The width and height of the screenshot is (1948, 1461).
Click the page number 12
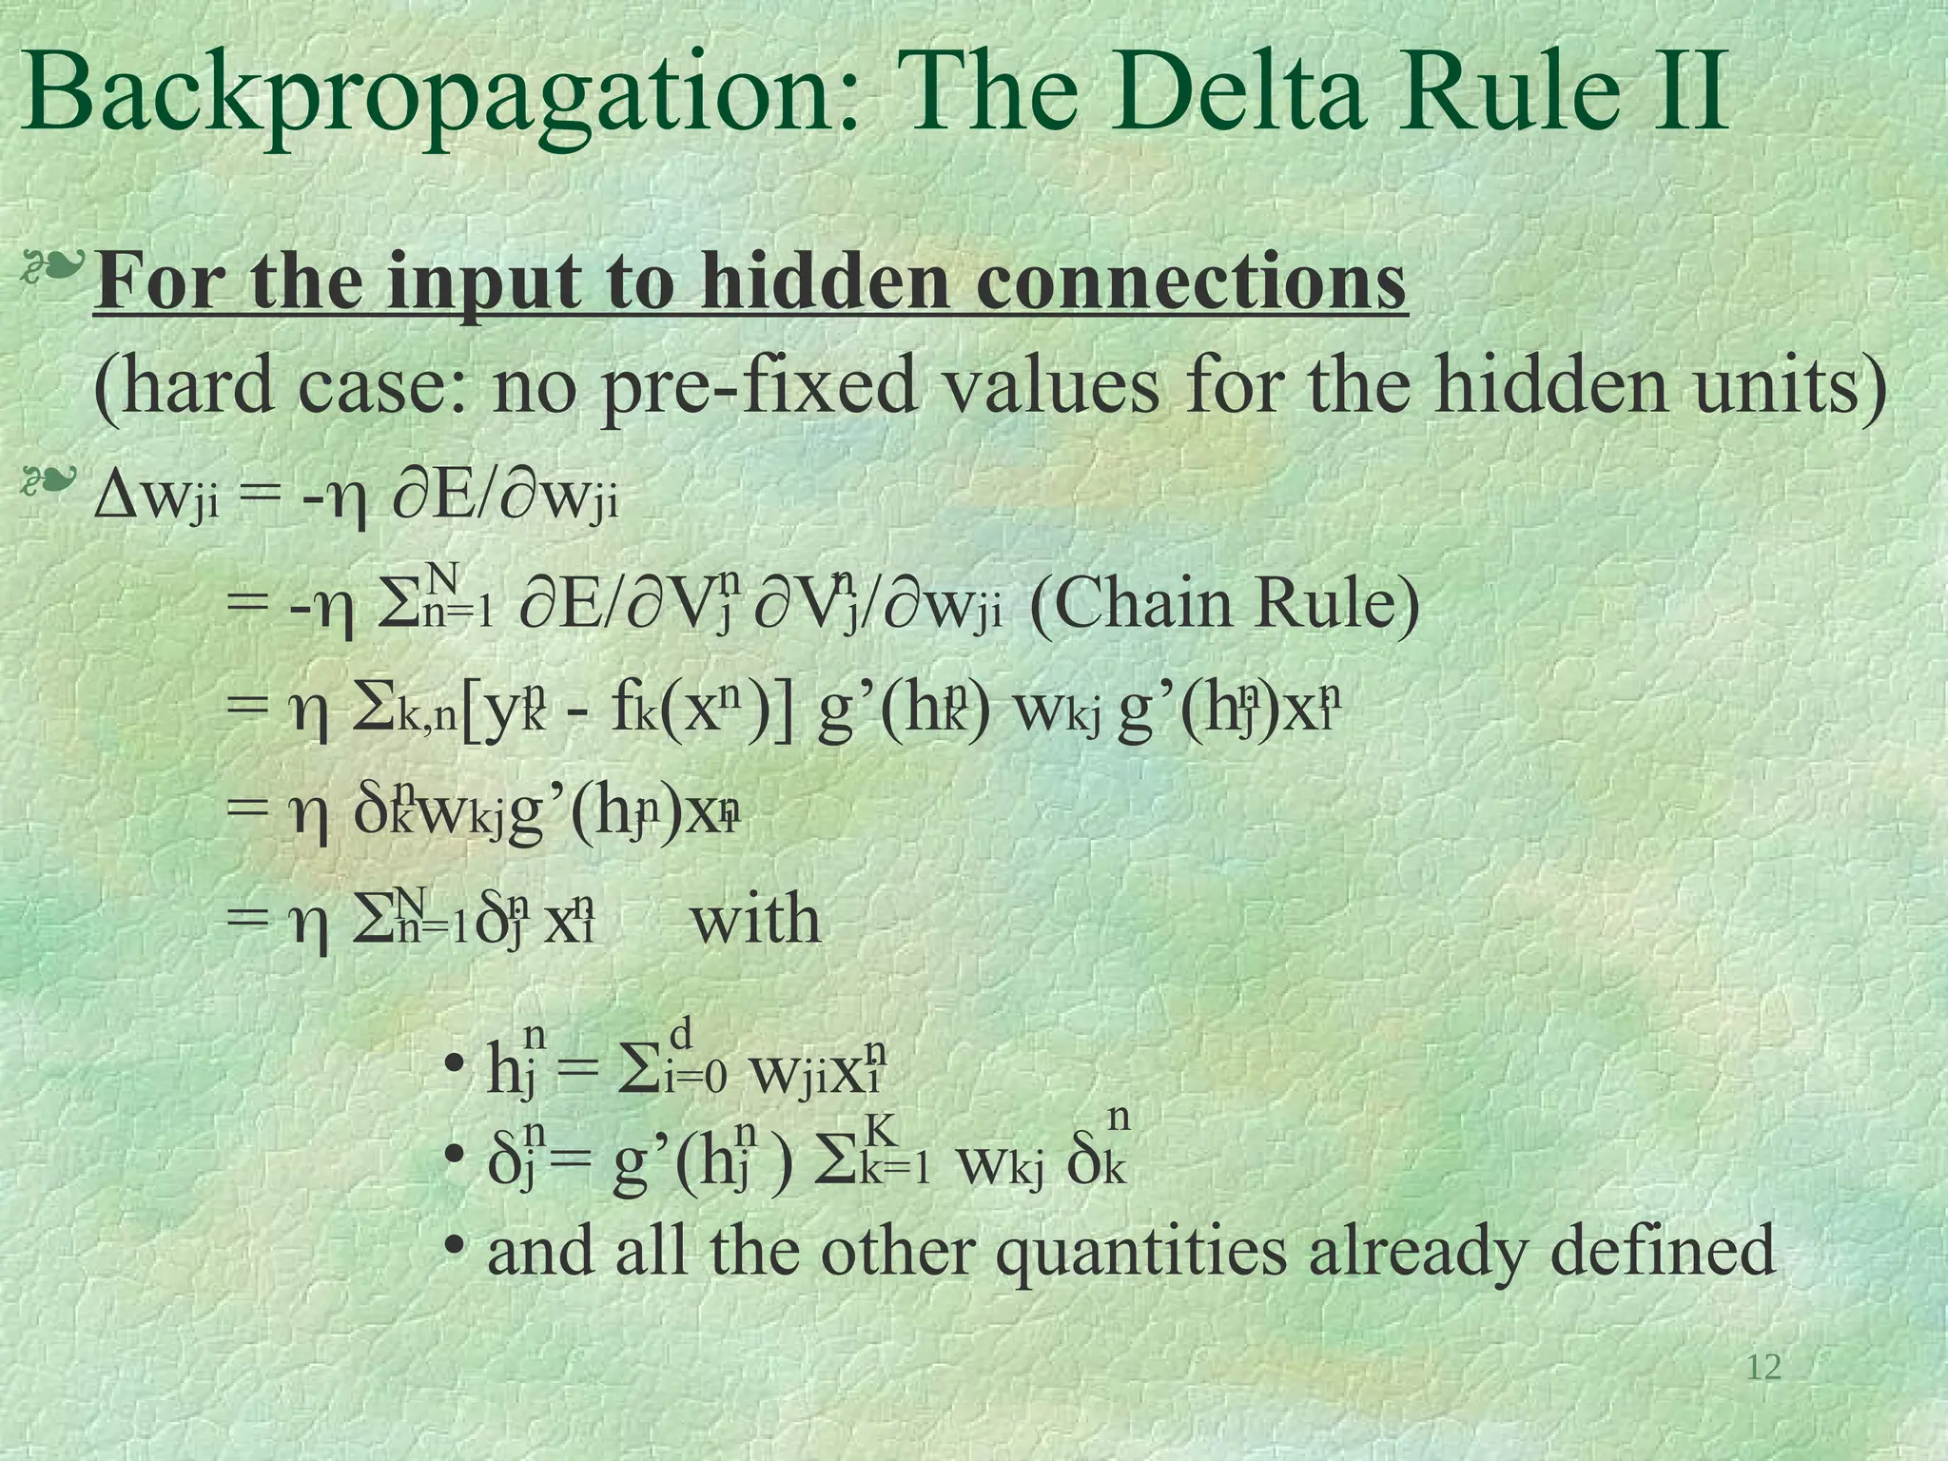[x=1763, y=1368]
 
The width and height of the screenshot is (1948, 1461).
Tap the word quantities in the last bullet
[x=1140, y=1251]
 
